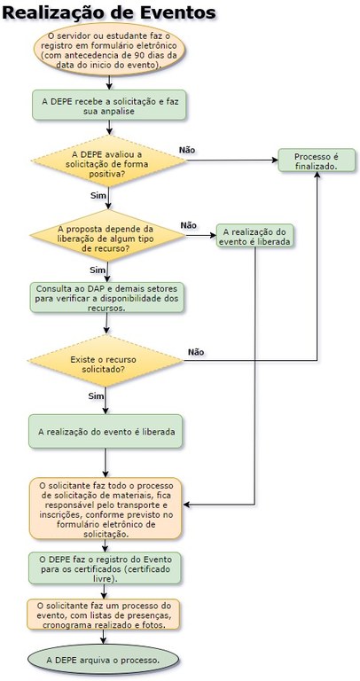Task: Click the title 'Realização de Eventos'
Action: [x=109, y=13]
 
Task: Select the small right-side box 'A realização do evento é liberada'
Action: [x=255, y=237]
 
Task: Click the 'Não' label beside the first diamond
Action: [x=187, y=150]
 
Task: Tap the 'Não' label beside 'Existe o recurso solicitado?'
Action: [x=195, y=352]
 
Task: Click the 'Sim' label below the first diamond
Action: [x=98, y=194]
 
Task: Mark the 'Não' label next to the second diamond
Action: [x=188, y=225]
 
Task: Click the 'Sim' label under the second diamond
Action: [x=98, y=269]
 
